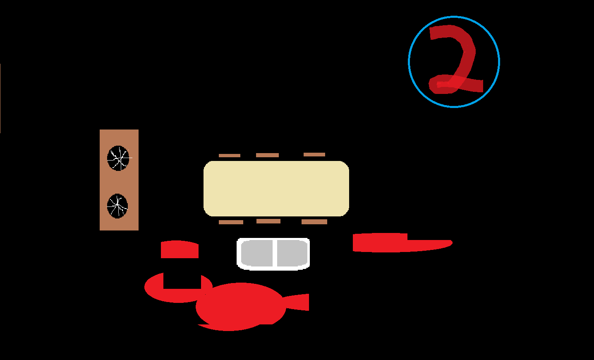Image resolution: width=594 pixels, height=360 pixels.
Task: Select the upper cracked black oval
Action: [118, 158]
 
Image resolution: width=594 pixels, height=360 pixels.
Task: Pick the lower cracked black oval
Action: [117, 206]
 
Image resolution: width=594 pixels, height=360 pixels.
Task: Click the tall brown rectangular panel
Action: [119, 182]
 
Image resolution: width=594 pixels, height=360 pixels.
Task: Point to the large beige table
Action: [276, 189]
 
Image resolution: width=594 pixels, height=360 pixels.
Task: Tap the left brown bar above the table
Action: [230, 156]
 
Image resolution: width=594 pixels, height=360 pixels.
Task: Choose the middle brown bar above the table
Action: [267, 155]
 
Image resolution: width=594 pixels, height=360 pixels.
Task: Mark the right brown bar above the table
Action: [314, 155]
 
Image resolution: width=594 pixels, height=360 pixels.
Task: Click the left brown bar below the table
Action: [231, 222]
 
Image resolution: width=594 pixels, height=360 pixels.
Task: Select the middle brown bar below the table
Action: [268, 221]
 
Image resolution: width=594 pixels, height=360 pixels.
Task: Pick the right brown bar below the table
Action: [314, 222]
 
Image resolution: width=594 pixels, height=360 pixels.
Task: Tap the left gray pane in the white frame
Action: [256, 254]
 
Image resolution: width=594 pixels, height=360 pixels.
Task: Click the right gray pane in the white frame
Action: [292, 254]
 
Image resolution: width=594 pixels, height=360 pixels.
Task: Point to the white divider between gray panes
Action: [275, 254]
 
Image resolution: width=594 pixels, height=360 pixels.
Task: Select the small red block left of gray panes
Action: [180, 250]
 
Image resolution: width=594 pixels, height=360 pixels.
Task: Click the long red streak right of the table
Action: [397, 243]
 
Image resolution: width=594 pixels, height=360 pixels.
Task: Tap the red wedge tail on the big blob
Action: [299, 302]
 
